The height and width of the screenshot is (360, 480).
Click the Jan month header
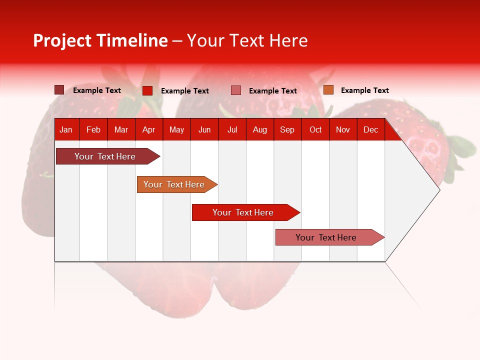coord(66,129)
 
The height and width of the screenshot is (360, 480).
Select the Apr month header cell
coord(148,129)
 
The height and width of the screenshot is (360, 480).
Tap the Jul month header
coord(232,129)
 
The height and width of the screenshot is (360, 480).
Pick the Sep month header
coord(287,129)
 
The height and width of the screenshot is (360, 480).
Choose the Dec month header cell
coord(370,129)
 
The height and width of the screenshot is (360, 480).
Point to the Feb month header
coord(93,129)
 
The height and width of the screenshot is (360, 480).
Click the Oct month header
coord(315,129)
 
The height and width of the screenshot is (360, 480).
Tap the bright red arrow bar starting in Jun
coord(243,212)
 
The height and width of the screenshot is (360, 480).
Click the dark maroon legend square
coord(59,90)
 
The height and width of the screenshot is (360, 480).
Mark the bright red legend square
coord(147,90)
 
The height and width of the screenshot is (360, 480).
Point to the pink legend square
coord(236,90)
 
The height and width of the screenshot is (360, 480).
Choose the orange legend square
coord(328,90)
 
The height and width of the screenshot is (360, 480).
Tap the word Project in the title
coord(61,40)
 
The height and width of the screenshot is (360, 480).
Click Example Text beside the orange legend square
coord(364,90)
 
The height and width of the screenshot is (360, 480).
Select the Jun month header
coord(204,129)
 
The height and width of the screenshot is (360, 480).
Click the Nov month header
coord(343,129)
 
